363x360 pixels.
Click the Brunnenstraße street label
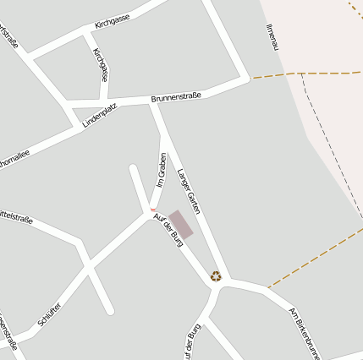(176, 98)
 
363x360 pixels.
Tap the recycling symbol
(216, 275)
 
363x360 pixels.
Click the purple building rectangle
(181, 224)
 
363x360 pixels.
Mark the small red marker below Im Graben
(153, 210)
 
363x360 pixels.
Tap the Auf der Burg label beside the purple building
(168, 230)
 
